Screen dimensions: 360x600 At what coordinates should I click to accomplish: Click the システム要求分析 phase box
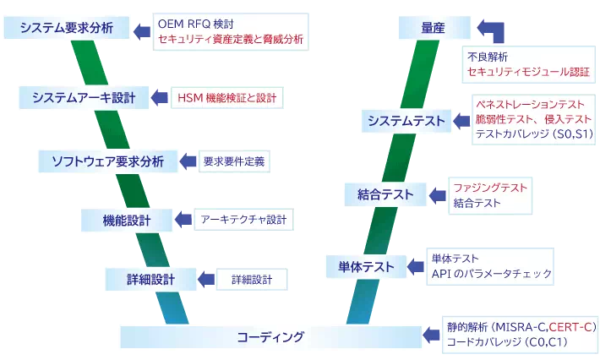click(x=66, y=29)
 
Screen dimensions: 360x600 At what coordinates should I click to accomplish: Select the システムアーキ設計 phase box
click(x=84, y=97)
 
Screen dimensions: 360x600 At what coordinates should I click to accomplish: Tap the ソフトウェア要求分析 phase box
click(x=107, y=161)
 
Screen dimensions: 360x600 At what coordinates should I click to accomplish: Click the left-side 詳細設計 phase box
click(x=140, y=279)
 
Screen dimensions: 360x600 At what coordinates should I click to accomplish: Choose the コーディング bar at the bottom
click(x=270, y=337)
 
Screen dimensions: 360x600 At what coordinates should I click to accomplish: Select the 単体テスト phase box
click(x=362, y=268)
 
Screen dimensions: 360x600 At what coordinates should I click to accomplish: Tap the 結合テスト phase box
click(x=385, y=195)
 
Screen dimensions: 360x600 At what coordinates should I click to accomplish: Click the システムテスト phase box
click(x=406, y=123)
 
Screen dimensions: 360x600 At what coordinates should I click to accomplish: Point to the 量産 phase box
click(x=433, y=29)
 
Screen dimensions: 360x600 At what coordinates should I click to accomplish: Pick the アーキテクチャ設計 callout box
click(x=244, y=221)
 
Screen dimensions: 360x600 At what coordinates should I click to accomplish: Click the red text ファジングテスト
click(x=489, y=187)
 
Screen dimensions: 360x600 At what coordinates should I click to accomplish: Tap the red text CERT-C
click(x=572, y=326)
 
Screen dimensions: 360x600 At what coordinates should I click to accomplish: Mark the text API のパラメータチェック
click(x=490, y=274)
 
